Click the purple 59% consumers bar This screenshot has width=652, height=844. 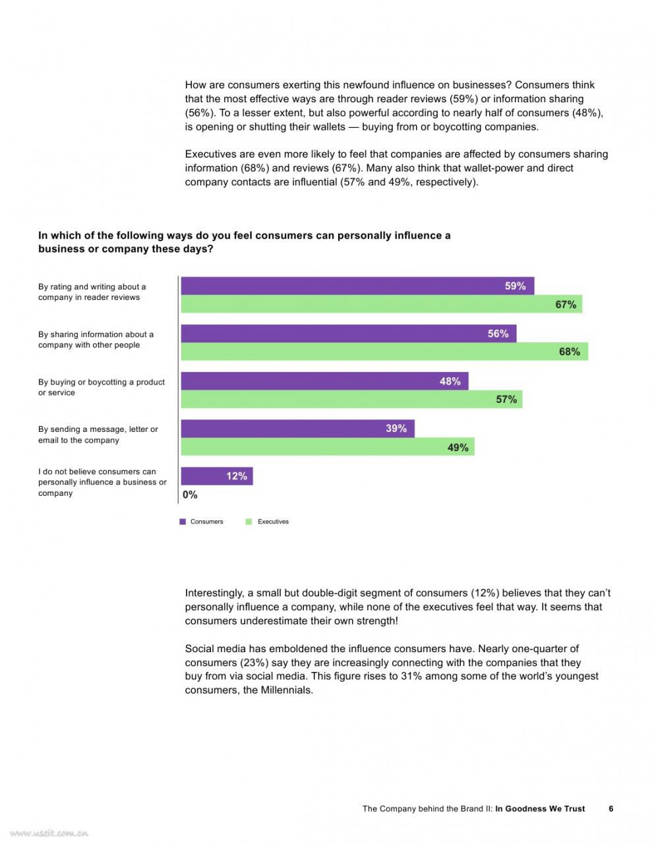[x=357, y=286]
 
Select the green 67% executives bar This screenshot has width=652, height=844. [x=381, y=304]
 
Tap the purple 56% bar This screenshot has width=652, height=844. [x=349, y=333]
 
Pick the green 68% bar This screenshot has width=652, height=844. [x=384, y=351]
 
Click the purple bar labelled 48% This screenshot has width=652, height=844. [x=324, y=380]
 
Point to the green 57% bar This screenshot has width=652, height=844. [x=351, y=399]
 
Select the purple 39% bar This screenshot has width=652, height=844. [x=297, y=429]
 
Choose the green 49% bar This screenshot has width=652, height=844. [x=328, y=446]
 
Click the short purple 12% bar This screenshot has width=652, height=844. [x=217, y=476]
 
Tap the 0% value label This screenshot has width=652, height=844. [x=190, y=495]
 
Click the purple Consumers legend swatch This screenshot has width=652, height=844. [x=183, y=522]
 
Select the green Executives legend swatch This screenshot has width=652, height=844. [x=249, y=522]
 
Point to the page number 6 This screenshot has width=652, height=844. [x=611, y=808]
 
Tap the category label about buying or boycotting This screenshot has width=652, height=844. [x=102, y=387]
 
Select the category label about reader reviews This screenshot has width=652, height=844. [x=92, y=291]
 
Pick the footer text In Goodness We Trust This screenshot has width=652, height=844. [x=540, y=808]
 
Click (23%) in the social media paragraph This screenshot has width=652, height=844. [x=254, y=662]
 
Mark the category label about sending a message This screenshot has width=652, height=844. [x=98, y=435]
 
